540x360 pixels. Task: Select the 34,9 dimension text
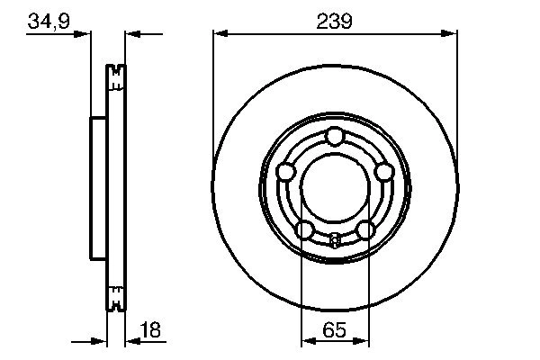point(47,19)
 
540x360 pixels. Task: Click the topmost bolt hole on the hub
point(335,136)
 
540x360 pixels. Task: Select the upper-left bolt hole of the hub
point(286,171)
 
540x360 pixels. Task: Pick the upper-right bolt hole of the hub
point(383,171)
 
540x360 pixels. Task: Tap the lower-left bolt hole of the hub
point(305,229)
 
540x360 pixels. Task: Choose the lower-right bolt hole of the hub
point(364,229)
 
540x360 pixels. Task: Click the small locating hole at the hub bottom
point(335,240)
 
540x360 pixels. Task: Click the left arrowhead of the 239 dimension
point(219,33)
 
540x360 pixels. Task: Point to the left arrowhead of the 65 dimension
point(306,341)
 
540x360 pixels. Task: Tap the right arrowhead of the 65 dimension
point(363,341)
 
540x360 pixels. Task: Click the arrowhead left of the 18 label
point(129,341)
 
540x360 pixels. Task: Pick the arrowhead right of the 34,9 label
point(86,33)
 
